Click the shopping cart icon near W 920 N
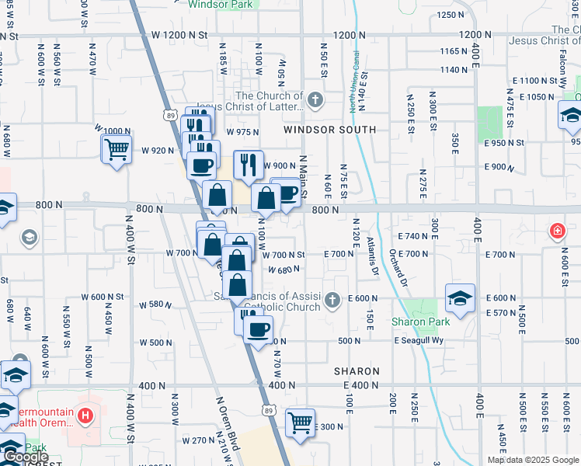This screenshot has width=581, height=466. (117, 149)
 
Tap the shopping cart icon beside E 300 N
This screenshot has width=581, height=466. (300, 423)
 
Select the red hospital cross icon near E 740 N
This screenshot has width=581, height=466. (557, 231)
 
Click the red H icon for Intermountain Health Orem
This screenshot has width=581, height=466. (85, 418)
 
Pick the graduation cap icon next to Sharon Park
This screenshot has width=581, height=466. (460, 300)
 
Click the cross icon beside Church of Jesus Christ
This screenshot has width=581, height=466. (315, 99)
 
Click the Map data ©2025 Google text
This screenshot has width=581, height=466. (533, 460)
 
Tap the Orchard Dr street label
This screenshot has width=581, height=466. (399, 267)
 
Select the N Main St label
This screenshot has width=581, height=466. (304, 171)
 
